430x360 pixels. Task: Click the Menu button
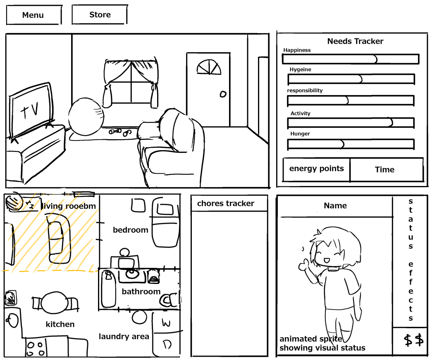click(33, 15)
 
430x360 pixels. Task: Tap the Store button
click(100, 15)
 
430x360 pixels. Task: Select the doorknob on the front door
click(223, 94)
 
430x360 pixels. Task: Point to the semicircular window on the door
click(208, 67)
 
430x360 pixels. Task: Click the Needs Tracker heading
click(355, 41)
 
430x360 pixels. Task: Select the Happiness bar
click(350, 59)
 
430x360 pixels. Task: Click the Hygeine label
click(300, 70)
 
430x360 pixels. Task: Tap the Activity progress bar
click(351, 123)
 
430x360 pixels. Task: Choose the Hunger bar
click(351, 144)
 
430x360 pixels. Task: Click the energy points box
click(316, 169)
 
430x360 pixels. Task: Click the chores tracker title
click(226, 203)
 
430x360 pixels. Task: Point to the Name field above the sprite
click(335, 206)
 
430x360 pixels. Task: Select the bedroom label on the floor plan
click(130, 230)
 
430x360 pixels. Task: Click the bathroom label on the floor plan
click(141, 292)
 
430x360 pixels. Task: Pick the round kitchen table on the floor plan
click(54, 304)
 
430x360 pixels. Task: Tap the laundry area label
click(124, 336)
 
